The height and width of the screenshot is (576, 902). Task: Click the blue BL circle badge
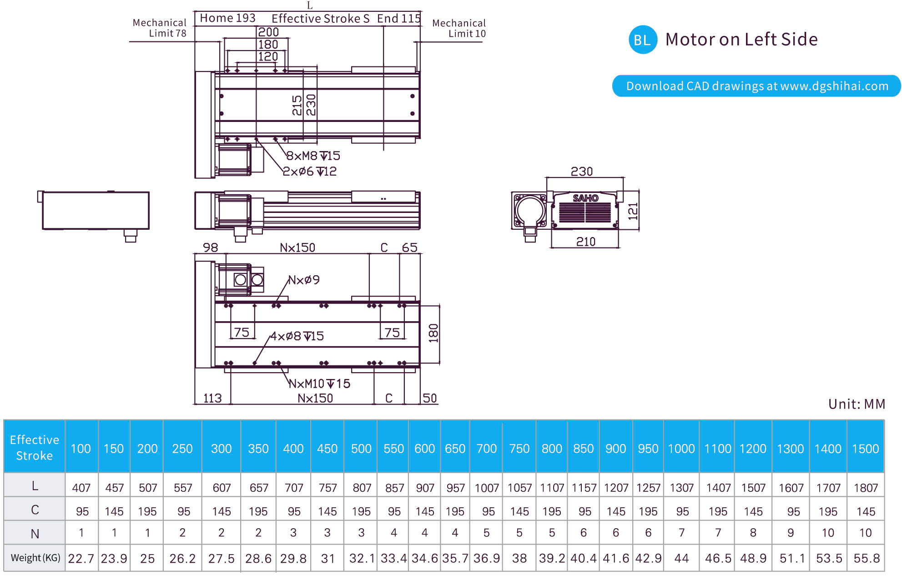coord(642,40)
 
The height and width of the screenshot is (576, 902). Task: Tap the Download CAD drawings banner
coord(756,86)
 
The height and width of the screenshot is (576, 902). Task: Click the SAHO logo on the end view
coord(585,198)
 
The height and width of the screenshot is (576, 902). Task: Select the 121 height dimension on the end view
coord(633,211)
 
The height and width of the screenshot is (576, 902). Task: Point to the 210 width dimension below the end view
coord(586,242)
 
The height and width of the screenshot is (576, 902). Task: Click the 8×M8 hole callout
coord(313,156)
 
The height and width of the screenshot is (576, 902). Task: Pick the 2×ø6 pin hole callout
coord(310,171)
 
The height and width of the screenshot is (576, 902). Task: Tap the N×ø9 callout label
coord(304,279)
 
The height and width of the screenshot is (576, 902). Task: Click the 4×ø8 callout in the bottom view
coord(297,336)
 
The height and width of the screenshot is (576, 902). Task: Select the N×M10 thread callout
coord(320,384)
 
